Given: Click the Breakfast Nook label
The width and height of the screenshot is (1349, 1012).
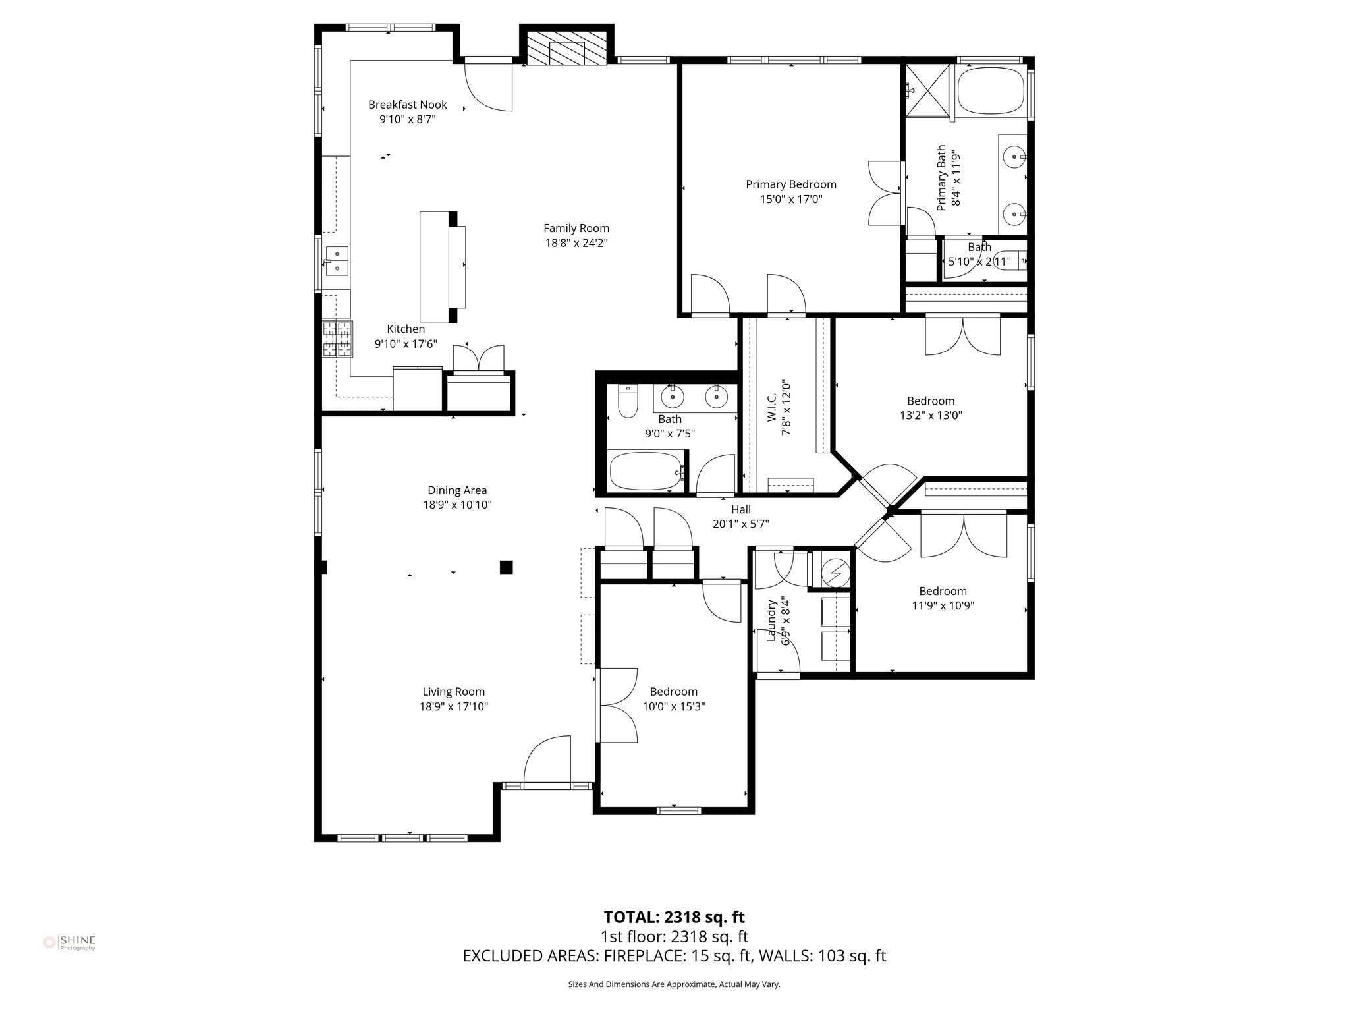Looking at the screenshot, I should pos(407,105).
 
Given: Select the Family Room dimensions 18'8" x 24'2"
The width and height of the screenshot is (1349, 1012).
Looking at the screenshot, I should pos(576,243).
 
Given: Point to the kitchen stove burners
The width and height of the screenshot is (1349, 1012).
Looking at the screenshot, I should pos(337,339).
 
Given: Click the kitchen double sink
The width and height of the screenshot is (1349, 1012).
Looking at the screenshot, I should pos(337,261).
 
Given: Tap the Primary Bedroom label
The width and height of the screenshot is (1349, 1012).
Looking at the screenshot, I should pos(790,184).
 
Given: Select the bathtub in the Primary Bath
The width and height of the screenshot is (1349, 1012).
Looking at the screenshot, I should pos(991,92).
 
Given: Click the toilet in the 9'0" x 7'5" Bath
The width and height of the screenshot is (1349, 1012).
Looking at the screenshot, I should pos(628,402).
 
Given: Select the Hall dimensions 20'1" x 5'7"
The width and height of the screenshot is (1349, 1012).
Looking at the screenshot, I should pos(740,524).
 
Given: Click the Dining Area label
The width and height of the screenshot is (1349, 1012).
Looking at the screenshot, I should pos(457,490).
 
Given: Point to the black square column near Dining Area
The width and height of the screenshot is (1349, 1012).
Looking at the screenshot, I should pos(506,567).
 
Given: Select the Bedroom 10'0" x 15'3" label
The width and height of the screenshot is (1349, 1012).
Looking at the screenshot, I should pos(673,692).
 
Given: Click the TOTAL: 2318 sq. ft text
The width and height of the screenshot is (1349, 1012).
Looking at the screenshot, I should pos(674,917).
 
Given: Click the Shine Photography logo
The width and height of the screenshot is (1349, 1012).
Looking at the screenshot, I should pos(70,942).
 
